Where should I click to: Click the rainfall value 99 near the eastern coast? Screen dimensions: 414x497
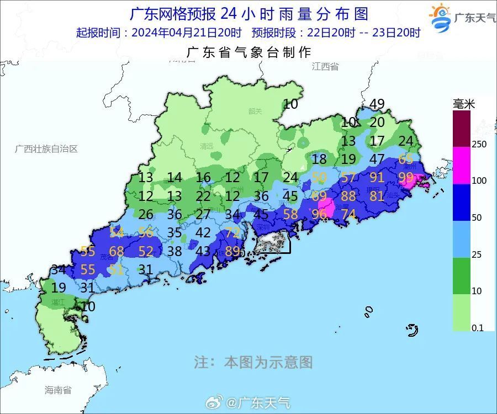click(406, 178)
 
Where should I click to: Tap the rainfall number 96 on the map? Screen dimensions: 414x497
click(319, 214)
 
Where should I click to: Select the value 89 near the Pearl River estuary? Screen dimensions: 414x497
click(232, 251)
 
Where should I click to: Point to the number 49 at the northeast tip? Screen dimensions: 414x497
click(377, 104)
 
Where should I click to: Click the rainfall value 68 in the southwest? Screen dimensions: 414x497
click(117, 252)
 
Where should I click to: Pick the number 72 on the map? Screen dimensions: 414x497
click(232, 232)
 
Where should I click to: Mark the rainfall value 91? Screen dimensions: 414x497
click(377, 178)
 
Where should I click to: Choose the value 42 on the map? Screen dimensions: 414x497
click(203, 233)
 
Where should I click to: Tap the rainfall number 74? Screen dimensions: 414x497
click(348, 214)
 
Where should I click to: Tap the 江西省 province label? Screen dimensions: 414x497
click(325, 67)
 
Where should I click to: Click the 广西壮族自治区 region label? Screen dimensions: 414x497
click(46, 149)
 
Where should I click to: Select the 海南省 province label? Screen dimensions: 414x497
click(58, 390)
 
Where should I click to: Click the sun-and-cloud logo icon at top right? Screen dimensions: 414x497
click(441, 18)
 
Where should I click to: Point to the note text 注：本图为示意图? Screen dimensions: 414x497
click(253, 362)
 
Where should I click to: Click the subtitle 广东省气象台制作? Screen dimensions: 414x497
click(249, 52)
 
